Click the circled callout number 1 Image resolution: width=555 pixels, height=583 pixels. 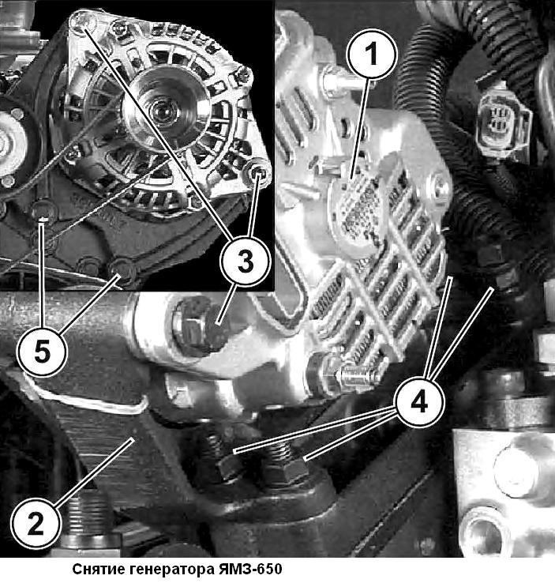[x=372, y=55]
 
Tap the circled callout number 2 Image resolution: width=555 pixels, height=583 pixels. [x=36, y=525]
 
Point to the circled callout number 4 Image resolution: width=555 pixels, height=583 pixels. [x=420, y=402]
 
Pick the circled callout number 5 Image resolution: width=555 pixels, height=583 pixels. [x=43, y=352]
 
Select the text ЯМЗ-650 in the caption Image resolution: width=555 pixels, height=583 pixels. [x=249, y=570]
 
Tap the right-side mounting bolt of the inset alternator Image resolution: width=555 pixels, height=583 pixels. [x=258, y=171]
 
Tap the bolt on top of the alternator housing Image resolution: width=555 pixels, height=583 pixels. [x=334, y=80]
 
